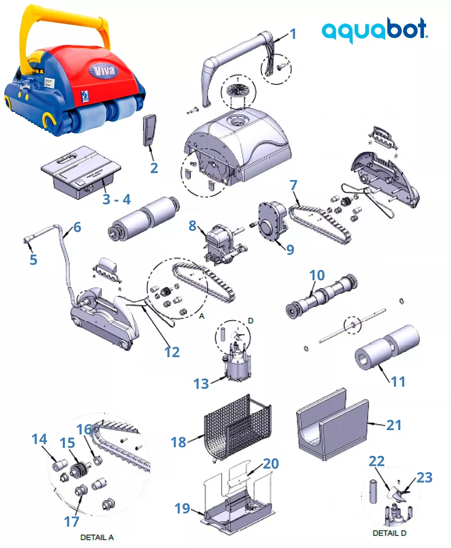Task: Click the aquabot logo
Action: point(375,30)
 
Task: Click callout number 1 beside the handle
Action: point(293,34)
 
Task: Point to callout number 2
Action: point(154,168)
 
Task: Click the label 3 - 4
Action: point(116,199)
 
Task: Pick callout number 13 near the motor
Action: point(201,384)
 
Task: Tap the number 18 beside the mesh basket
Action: point(179,442)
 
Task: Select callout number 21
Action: point(394,425)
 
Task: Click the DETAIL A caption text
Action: point(97,537)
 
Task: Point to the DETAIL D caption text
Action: point(389,533)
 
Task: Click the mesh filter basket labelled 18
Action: point(237,427)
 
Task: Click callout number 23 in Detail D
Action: point(425,477)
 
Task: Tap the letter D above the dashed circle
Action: point(250,321)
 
